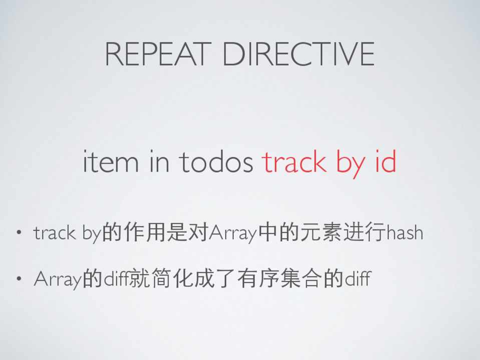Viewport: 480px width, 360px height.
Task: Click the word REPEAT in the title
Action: tap(158, 54)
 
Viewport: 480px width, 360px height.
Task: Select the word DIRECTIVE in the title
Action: tap(299, 54)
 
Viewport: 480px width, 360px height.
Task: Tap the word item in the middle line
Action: tap(111, 161)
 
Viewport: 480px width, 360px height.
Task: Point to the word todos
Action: tap(216, 161)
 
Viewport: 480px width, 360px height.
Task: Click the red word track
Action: tap(294, 161)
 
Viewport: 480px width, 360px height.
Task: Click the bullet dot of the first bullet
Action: tap(19, 232)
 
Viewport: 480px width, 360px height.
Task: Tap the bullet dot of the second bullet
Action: tap(19, 278)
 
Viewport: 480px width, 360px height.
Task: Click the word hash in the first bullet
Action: tap(405, 232)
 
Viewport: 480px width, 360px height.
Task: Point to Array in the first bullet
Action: tap(233, 233)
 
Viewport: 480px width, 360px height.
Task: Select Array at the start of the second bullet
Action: tap(58, 279)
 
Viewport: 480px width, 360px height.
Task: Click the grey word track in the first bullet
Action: tap(55, 233)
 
